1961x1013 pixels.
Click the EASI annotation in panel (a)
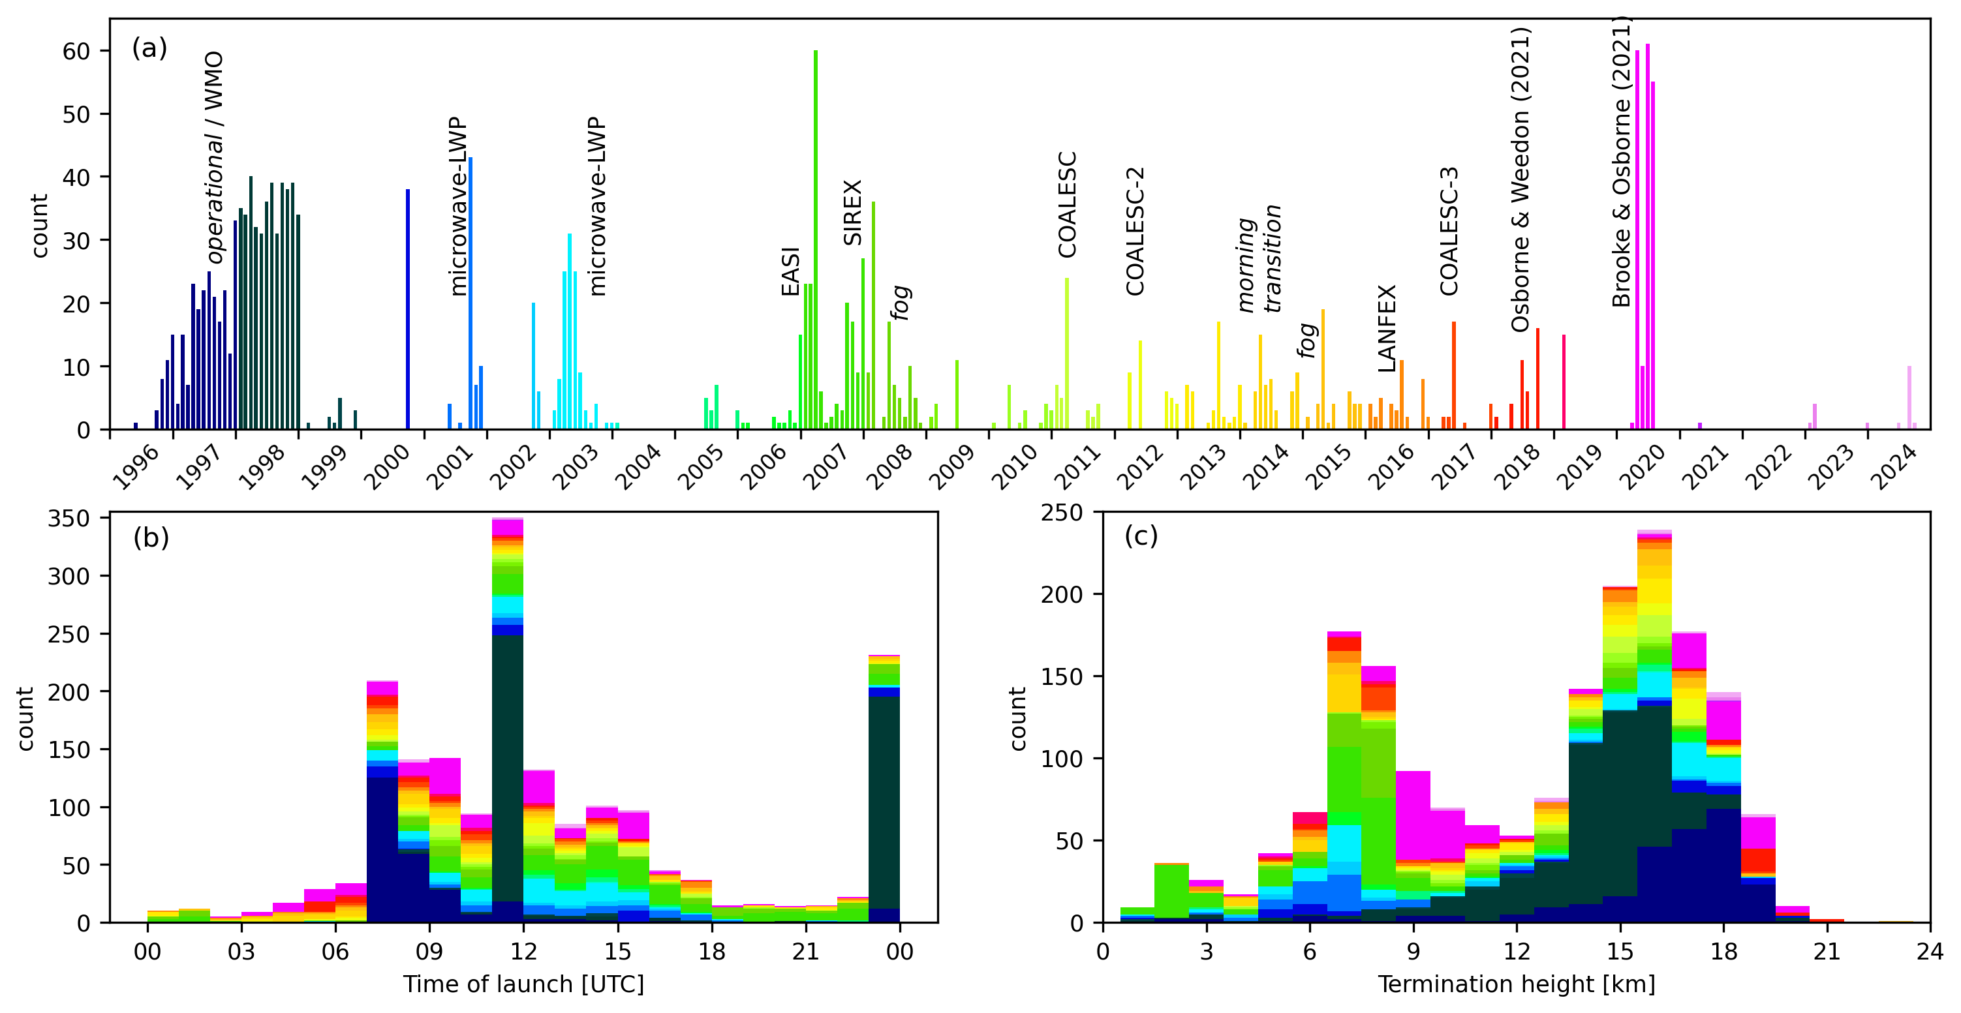[790, 272]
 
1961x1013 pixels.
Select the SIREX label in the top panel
[853, 213]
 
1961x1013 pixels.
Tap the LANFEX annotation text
[1387, 328]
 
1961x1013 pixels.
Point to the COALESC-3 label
[1449, 232]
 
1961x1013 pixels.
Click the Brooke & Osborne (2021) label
[1622, 160]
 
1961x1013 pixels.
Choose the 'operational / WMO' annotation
[215, 158]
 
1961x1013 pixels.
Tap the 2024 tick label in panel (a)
[1896, 466]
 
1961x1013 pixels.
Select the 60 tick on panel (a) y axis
[76, 51]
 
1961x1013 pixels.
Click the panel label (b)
[151, 538]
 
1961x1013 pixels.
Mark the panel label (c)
[1140, 537]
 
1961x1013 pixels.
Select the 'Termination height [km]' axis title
[1516, 984]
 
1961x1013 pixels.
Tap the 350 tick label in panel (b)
[69, 519]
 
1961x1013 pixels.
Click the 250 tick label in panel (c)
[1061, 512]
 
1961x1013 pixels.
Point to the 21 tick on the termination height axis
[1827, 951]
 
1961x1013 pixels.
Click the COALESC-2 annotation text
[1135, 232]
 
